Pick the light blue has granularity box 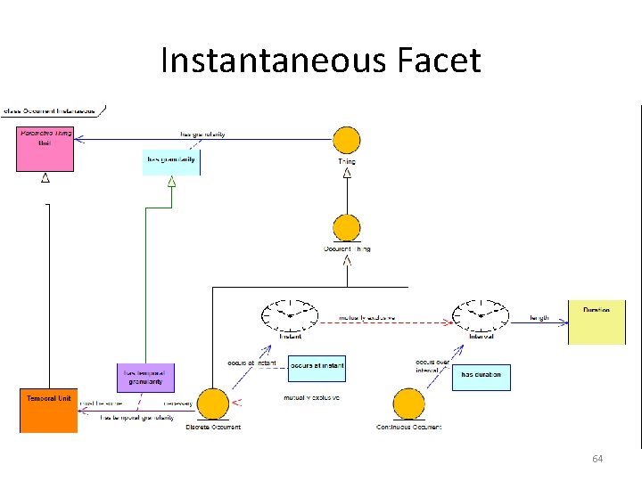[171, 162]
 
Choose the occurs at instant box [317, 368]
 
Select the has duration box [481, 377]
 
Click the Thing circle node [346, 141]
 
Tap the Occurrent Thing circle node [346, 228]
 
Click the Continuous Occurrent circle [408, 405]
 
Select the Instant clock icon [290, 315]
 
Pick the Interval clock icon [481, 315]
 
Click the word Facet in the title [437, 61]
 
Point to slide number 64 [597, 458]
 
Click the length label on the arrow [539, 318]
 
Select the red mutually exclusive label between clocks [367, 318]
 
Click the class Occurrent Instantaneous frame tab [52, 111]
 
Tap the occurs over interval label [431, 365]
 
